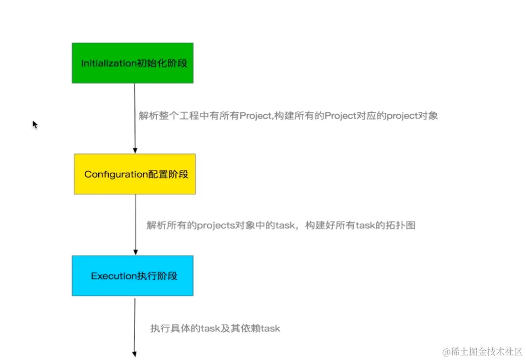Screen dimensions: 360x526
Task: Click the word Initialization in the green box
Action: click(x=109, y=63)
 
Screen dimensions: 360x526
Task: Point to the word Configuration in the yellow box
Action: click(x=115, y=175)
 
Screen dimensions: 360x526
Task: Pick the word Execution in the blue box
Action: click(x=114, y=276)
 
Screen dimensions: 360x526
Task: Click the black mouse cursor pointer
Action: click(x=35, y=124)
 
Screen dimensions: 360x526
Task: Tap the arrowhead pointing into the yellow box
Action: click(x=135, y=150)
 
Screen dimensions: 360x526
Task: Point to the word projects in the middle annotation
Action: click(x=216, y=226)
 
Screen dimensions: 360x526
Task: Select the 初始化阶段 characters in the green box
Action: click(x=163, y=63)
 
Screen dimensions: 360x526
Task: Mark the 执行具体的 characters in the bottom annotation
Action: click(x=175, y=328)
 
